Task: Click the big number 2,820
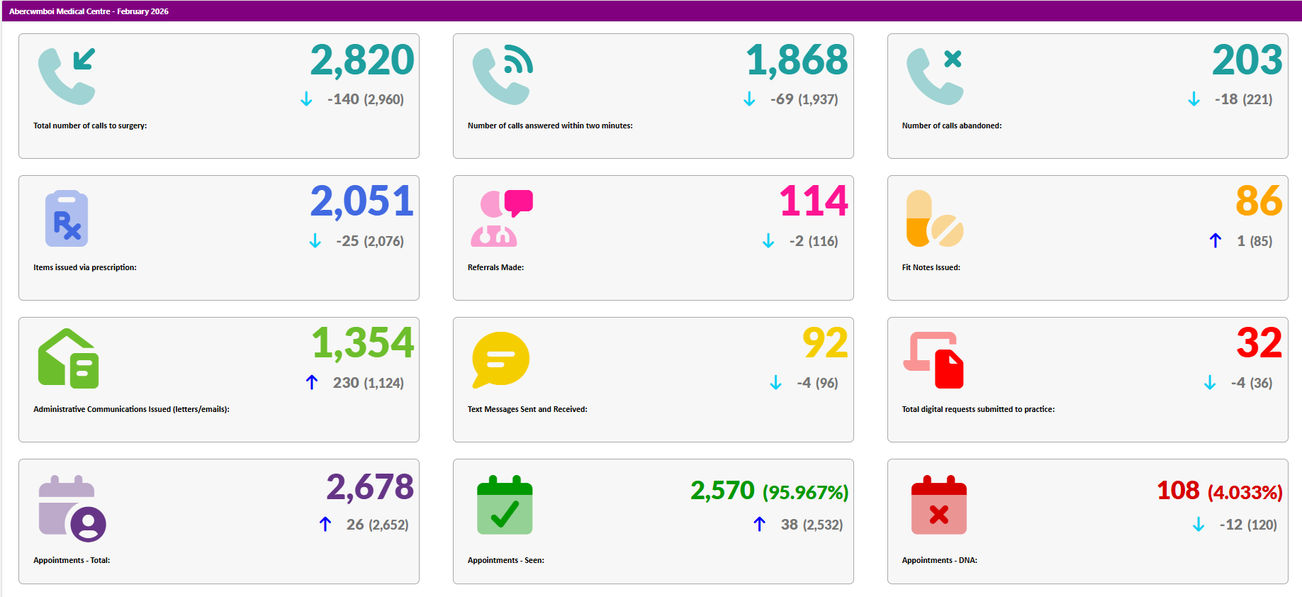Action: tap(361, 60)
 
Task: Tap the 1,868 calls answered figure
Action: tap(797, 60)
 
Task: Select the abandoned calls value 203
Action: tap(1247, 60)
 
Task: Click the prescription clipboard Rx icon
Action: tap(67, 218)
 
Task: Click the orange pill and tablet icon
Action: tap(934, 218)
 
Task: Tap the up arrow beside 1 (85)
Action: tap(1216, 241)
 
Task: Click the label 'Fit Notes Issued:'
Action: tap(931, 267)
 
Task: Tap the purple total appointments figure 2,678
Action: tap(370, 487)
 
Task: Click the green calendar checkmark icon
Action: tap(505, 505)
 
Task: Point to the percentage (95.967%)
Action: tap(805, 492)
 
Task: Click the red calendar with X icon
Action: tap(938, 505)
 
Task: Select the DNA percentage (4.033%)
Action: tap(1245, 492)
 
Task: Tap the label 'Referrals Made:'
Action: tap(495, 267)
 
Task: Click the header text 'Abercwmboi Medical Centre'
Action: tap(60, 11)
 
